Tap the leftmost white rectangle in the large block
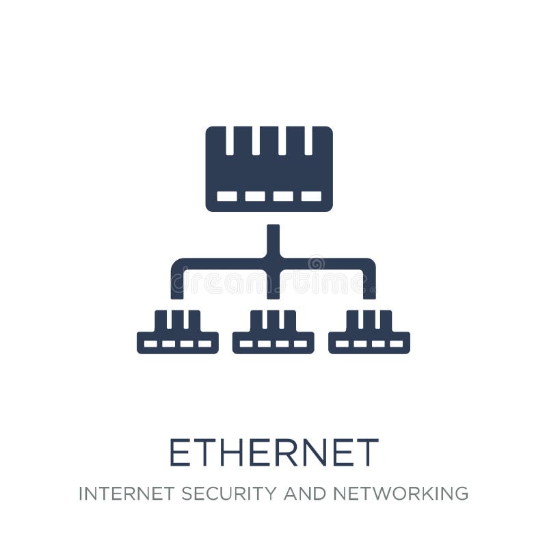coord(227,196)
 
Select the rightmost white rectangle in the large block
coord(311,196)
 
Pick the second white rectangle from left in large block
coord(255,196)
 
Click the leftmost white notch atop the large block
coord(230,140)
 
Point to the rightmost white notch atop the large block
coord(308,140)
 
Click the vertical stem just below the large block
coord(273,239)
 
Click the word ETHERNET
coord(273,453)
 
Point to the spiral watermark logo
coord(316,263)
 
